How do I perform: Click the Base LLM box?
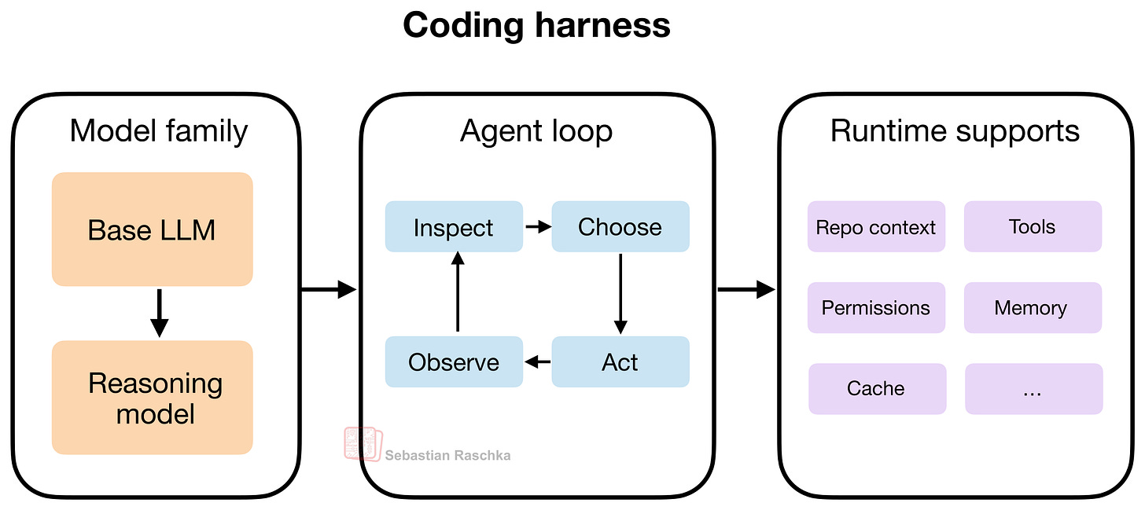(x=152, y=229)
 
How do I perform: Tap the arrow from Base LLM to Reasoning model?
(x=160, y=313)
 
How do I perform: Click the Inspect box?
(x=454, y=227)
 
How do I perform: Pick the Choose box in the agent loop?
(x=620, y=227)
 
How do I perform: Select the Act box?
(x=620, y=362)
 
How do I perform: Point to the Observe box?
(x=454, y=362)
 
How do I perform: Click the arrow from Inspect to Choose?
(x=538, y=227)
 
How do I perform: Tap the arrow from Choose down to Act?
(x=620, y=293)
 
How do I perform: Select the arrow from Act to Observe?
(x=538, y=362)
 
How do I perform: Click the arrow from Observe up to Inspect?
(x=458, y=293)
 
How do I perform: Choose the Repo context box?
(x=876, y=227)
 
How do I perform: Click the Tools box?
(x=1033, y=227)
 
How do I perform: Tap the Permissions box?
(x=876, y=308)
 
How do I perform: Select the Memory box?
(x=1033, y=308)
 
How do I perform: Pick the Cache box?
(x=876, y=388)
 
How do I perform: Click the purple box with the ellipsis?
(x=1033, y=388)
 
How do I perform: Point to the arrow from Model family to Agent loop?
(x=329, y=290)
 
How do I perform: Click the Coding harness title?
(x=536, y=25)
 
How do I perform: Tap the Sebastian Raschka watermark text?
(x=447, y=455)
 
